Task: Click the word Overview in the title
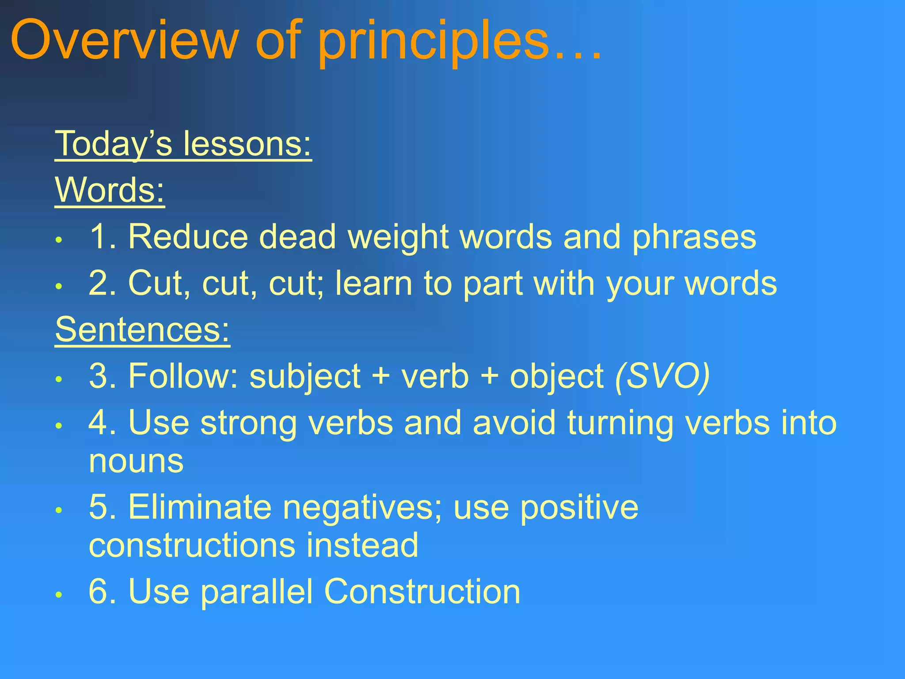click(124, 41)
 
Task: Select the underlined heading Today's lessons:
click(183, 144)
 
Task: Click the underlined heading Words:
click(110, 190)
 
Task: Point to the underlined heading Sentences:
click(142, 330)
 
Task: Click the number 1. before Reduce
click(103, 237)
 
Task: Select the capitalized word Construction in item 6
click(422, 591)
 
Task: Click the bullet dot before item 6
click(58, 595)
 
